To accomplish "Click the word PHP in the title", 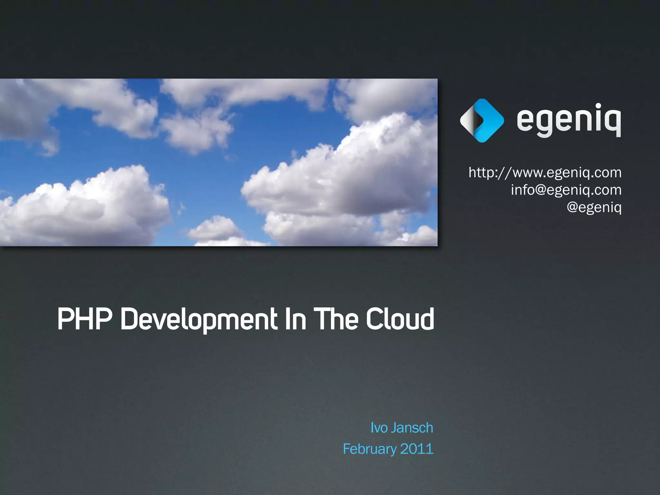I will point(84,319).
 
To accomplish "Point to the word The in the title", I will point(335,319).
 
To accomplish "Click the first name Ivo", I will point(379,428).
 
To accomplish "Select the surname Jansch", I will point(412,428).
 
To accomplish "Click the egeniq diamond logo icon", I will point(482,121).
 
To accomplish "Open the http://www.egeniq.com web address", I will point(545,173).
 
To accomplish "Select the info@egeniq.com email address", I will point(566,190).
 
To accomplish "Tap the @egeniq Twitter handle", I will point(594,207).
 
